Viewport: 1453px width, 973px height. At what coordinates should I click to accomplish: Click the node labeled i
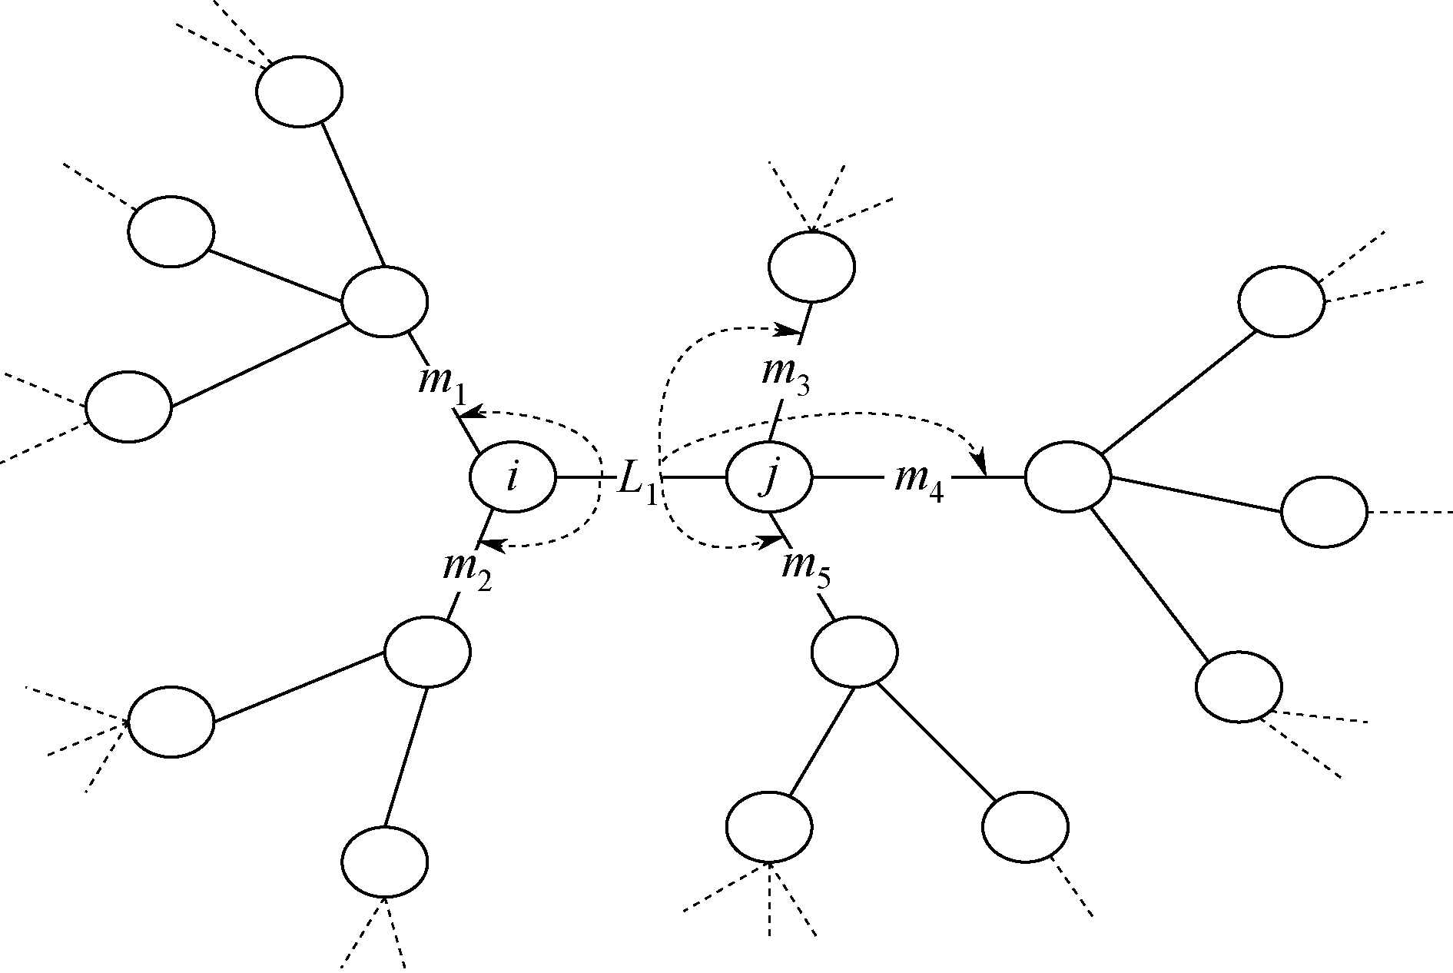tap(512, 477)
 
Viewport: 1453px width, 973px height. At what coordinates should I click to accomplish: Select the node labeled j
tap(768, 477)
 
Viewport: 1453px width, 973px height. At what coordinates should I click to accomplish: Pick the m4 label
tap(919, 482)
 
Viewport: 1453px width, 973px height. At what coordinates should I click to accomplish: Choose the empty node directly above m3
tap(811, 266)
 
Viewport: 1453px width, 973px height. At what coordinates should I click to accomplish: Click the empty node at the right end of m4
tap(1068, 477)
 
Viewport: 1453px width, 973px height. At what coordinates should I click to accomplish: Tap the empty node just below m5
tap(854, 652)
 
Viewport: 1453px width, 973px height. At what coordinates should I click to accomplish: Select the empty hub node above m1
tap(384, 301)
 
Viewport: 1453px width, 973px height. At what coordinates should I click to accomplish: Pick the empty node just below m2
tap(426, 652)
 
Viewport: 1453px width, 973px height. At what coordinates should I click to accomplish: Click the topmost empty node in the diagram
tap(299, 91)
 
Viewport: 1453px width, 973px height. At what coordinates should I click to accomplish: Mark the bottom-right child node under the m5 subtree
tap(1024, 827)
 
